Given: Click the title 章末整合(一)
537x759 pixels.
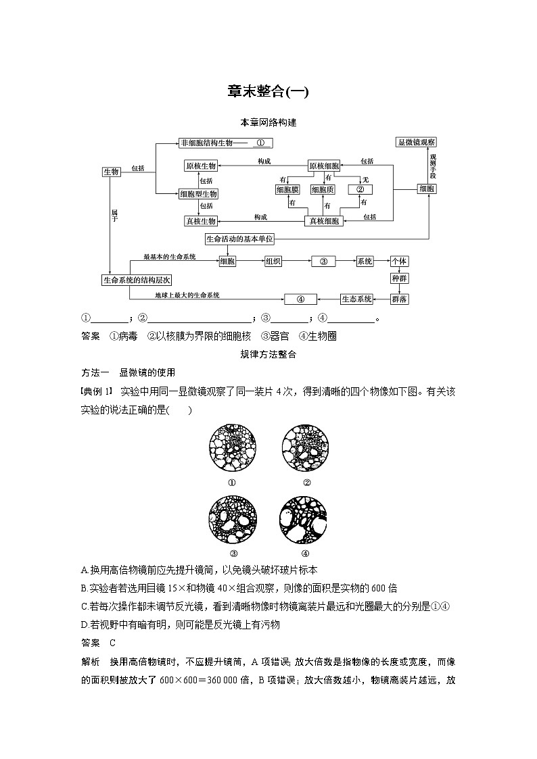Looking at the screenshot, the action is [x=268, y=92].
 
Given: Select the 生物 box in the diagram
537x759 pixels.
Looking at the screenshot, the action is [x=111, y=172].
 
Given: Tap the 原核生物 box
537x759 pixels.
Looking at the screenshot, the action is [x=200, y=166].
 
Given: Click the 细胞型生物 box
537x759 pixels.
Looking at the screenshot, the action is [x=198, y=194].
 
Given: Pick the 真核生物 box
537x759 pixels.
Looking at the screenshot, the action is [x=200, y=221].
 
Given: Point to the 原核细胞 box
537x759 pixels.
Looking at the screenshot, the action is [x=324, y=166].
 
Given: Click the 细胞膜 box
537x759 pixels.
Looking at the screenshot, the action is [x=287, y=190].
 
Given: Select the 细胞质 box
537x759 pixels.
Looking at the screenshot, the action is [x=323, y=190].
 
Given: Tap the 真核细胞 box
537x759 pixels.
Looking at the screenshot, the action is [x=324, y=221].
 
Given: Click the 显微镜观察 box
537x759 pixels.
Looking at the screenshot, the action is [x=417, y=143].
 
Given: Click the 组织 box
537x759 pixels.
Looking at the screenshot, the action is [x=273, y=262].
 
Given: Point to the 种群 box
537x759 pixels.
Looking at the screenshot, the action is [x=400, y=278].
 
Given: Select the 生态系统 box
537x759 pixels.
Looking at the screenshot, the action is [x=356, y=299].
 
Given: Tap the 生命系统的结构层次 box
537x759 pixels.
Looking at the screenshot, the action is [x=137, y=280].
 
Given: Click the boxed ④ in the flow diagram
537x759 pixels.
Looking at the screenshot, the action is [x=302, y=299].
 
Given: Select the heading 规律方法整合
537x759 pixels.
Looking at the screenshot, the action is [x=268, y=353].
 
